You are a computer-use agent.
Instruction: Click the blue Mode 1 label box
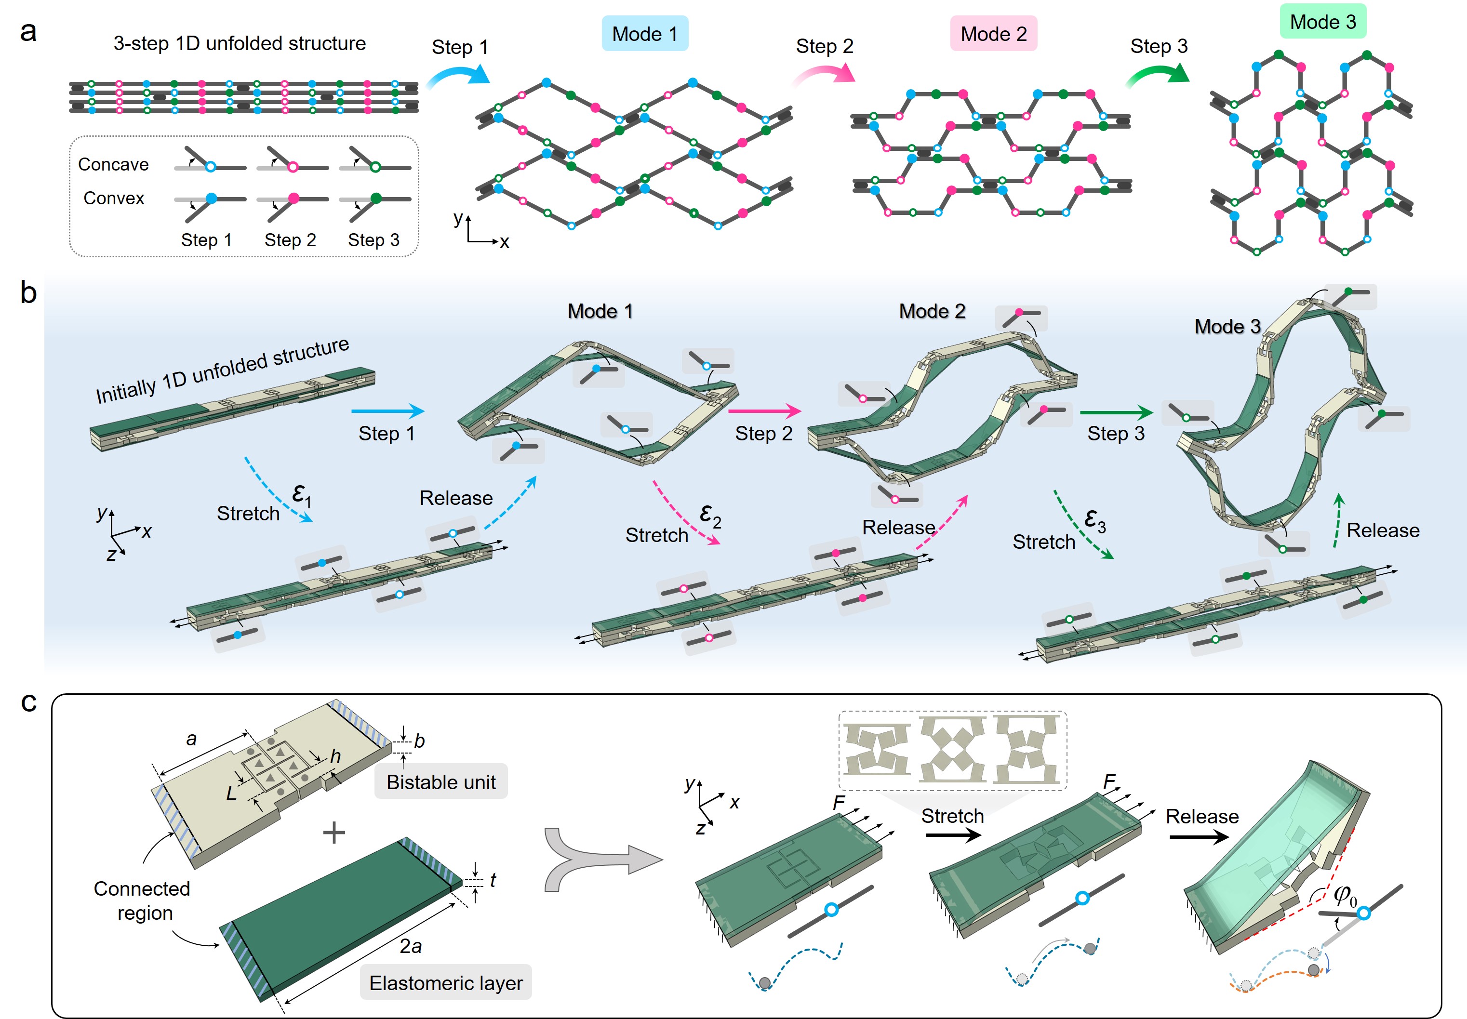coord(644,34)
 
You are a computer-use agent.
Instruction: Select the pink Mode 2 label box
coord(993,34)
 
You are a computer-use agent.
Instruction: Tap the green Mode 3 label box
coord(1323,22)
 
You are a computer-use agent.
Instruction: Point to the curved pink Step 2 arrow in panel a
coord(824,75)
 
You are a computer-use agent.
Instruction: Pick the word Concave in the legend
coord(113,165)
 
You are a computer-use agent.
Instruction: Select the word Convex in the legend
coord(114,199)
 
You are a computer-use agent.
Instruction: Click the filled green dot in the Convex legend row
coord(376,199)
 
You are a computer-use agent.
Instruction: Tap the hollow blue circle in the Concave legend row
coord(210,167)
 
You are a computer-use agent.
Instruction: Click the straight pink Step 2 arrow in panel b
coord(764,410)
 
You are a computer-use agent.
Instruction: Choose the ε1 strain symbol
coord(301,495)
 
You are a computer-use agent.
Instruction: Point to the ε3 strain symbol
coord(1094,520)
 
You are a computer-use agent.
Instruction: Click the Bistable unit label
coord(440,782)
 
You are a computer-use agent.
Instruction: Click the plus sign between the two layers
coord(334,833)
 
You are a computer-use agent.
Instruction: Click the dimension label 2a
coord(411,946)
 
